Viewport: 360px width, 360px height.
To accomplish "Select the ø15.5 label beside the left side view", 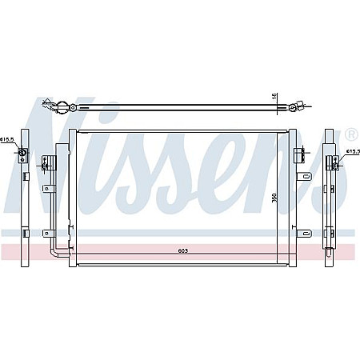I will (x=7, y=140).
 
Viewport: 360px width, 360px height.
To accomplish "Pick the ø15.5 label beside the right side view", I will (x=353, y=150).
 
